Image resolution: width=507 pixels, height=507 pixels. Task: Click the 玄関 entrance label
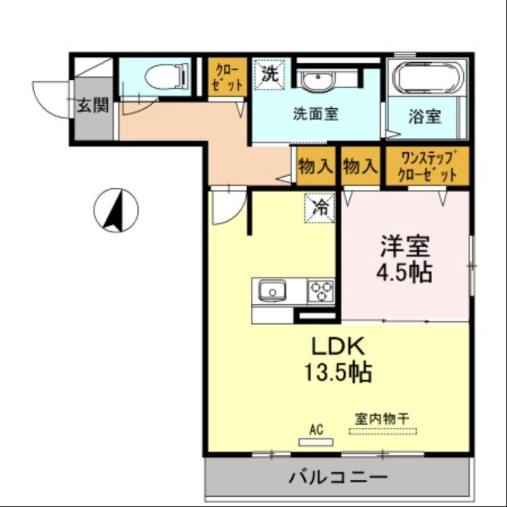[93, 105]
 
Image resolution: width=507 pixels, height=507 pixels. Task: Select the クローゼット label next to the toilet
[227, 77]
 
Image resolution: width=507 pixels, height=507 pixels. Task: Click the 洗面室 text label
[315, 115]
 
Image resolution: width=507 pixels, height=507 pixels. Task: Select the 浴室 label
[424, 117]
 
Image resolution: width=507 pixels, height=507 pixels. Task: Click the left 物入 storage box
[315, 166]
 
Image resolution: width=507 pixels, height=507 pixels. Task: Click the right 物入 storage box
[360, 166]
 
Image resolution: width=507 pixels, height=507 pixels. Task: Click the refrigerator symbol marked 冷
[321, 207]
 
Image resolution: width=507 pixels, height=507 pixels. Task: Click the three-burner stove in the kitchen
[321, 292]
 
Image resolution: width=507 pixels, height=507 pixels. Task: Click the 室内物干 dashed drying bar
[383, 432]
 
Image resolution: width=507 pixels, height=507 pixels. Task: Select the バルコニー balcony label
[338, 476]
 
